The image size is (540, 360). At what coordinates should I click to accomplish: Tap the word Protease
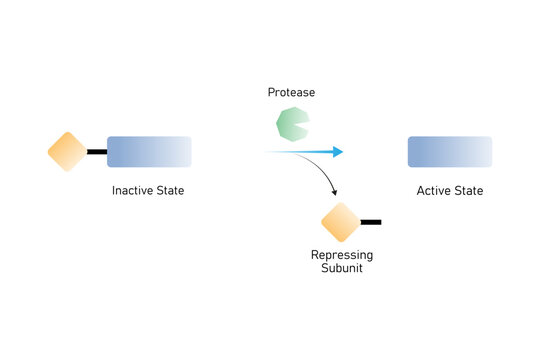(x=291, y=92)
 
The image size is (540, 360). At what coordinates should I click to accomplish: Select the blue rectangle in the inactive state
(x=149, y=151)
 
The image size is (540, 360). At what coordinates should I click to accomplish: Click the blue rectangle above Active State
(x=450, y=151)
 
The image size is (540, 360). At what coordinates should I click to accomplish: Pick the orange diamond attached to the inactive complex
(x=68, y=152)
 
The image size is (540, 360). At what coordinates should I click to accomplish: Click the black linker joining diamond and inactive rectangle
(x=97, y=152)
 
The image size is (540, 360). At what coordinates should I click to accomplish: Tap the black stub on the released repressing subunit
(x=370, y=222)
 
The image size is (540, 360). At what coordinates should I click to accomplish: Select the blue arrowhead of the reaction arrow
(x=338, y=152)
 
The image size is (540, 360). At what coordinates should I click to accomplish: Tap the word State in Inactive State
(x=171, y=190)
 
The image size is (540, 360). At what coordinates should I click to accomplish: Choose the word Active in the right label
(x=435, y=190)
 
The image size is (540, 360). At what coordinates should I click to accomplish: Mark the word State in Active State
(x=467, y=190)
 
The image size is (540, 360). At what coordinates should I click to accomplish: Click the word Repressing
(x=342, y=255)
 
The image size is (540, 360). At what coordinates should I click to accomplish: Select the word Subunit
(x=342, y=268)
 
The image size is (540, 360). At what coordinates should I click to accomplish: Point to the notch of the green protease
(x=303, y=125)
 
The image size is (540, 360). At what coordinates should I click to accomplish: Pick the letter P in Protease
(x=271, y=92)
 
